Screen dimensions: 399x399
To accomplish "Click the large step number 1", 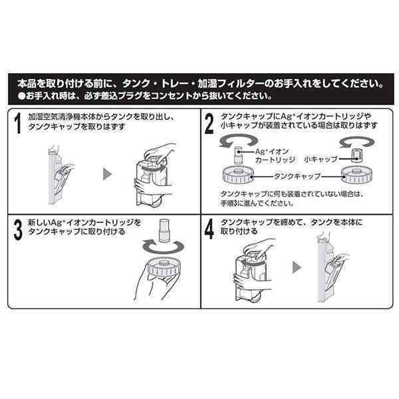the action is (x=17, y=123).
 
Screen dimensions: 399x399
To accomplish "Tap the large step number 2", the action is (x=209, y=124).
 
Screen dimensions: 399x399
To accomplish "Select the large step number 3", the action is (x=18, y=230).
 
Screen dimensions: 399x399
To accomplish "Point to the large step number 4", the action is (x=209, y=229).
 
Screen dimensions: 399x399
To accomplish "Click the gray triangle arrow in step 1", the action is (x=107, y=174).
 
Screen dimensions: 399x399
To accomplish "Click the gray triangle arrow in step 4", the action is (x=297, y=267).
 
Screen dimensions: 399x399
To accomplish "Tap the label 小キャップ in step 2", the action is (x=321, y=160).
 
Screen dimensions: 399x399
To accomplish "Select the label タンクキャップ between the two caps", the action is (x=297, y=176).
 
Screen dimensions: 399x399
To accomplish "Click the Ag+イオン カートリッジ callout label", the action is (x=275, y=156).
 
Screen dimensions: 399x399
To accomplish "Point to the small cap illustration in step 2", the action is (x=357, y=156).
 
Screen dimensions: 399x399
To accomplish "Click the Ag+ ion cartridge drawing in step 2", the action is (x=238, y=156).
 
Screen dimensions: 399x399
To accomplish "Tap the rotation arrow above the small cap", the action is (x=357, y=142).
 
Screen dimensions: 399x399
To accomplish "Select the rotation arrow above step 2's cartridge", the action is (x=238, y=140).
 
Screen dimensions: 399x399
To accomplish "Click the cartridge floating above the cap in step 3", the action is (x=164, y=231).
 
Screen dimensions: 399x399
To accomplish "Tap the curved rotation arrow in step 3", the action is (x=164, y=247).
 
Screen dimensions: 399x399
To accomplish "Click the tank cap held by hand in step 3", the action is (x=164, y=267).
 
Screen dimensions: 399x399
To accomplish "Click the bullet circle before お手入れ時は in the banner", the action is (x=21, y=96).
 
